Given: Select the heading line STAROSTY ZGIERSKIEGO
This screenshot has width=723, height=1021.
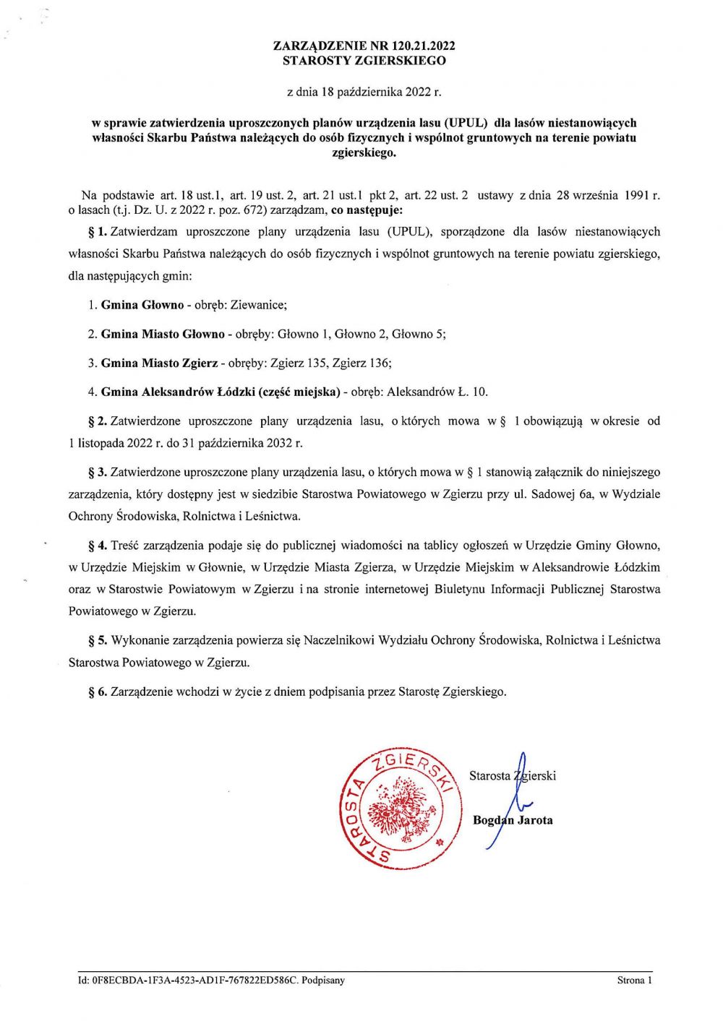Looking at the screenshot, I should coord(364,61).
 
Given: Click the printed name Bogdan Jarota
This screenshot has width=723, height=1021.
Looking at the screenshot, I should coord(513,820).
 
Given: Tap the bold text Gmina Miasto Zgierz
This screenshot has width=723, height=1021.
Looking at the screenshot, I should coord(159,363).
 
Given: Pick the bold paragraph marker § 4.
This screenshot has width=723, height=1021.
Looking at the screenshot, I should coord(98,546).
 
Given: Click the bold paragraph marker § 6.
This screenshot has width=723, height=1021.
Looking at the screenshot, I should coord(98,692).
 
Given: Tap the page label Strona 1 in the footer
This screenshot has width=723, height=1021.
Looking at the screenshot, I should coord(634,981).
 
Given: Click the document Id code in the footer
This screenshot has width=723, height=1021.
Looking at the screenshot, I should coord(188,981).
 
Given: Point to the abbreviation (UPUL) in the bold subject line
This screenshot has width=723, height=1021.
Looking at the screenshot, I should coord(465,123).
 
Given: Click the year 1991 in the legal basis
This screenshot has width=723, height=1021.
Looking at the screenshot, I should coord(638,195).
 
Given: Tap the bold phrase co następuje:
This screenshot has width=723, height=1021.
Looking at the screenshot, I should coord(367,210).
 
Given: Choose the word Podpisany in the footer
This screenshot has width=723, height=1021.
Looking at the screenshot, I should coord(323,981).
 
